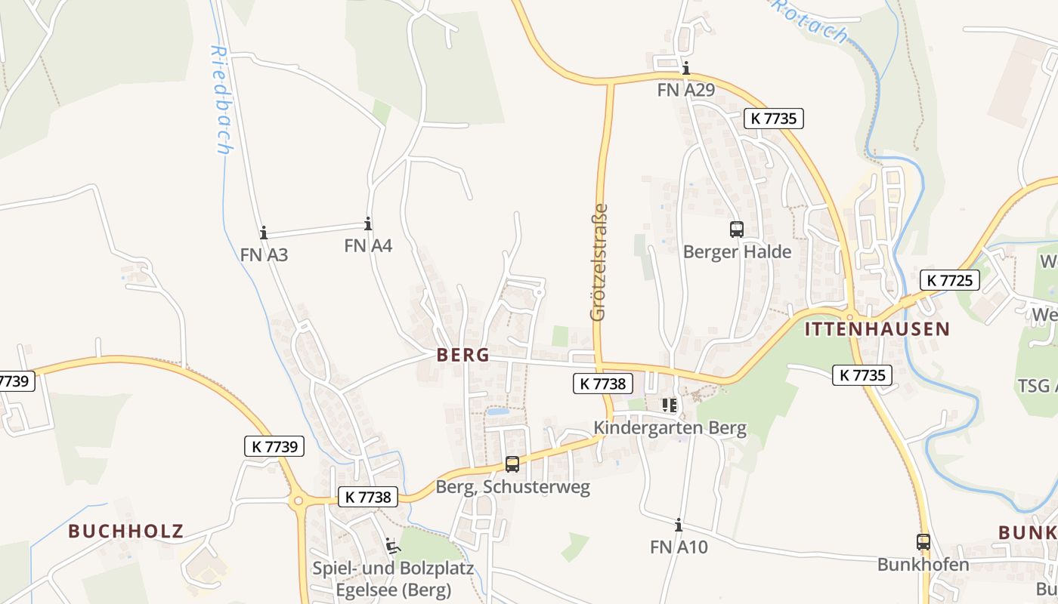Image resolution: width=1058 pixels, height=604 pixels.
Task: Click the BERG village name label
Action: (x=462, y=355)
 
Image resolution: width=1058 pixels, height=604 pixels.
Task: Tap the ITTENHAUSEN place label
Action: (x=877, y=329)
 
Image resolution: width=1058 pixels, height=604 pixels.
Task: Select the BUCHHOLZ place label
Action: (x=126, y=531)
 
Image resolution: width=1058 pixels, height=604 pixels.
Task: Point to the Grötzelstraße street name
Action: (x=599, y=262)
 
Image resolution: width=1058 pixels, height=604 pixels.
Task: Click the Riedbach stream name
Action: (x=221, y=100)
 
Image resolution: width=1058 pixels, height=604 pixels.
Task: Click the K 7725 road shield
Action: (x=949, y=280)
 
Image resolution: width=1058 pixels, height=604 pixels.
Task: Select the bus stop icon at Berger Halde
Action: (x=737, y=229)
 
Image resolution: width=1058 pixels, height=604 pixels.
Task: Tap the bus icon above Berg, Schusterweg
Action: (x=512, y=464)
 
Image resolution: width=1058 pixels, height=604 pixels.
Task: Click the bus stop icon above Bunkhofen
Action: (x=923, y=542)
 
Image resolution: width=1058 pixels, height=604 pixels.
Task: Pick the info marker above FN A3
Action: (x=264, y=233)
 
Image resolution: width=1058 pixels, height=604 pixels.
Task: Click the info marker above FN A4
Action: (x=368, y=223)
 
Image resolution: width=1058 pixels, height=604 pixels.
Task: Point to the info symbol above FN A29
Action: (x=685, y=68)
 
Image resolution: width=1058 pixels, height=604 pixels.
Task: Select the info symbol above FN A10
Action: (x=679, y=525)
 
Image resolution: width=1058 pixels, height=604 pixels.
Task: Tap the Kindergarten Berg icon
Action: (x=670, y=405)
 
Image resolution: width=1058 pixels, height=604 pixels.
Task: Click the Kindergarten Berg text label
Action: (x=670, y=428)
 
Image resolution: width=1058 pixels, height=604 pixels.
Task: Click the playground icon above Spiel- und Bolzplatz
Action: (x=391, y=545)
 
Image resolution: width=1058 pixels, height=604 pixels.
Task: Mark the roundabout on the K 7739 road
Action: (x=299, y=501)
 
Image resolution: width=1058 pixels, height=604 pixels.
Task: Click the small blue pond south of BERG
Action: (x=497, y=412)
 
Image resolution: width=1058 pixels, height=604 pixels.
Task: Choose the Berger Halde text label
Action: (x=737, y=251)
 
